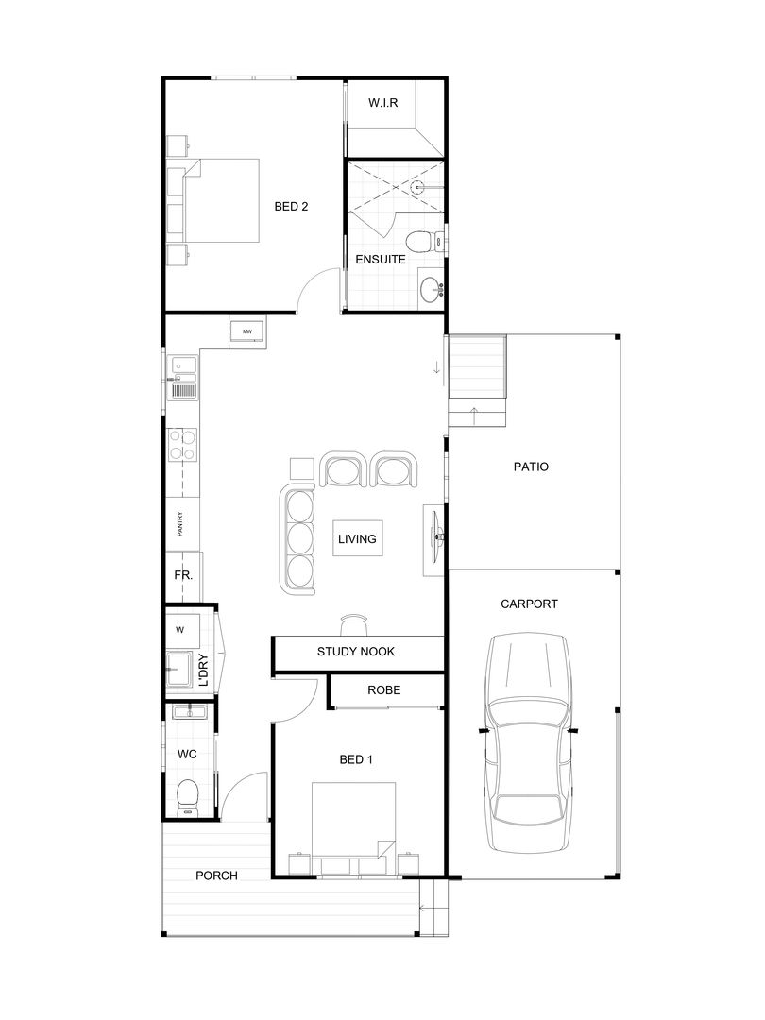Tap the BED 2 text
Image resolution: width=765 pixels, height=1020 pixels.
pos(291,206)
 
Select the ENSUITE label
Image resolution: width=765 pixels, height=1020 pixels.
pos(381,259)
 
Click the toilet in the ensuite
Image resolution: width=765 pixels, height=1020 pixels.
pos(425,240)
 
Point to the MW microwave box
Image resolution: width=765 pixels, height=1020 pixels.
pos(247,331)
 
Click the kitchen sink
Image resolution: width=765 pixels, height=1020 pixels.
pos(183,388)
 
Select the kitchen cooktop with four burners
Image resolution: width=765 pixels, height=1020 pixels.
pos(183,445)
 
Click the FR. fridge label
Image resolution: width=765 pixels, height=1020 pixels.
pos(182,575)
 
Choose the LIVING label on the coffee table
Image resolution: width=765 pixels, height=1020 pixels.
pos(358,539)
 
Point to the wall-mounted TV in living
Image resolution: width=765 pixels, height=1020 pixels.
pos(434,538)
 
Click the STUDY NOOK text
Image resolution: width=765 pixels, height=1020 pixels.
pos(356,652)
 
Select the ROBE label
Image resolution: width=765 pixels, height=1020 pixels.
pos(384,690)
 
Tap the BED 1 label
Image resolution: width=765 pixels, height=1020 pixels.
pos(355,758)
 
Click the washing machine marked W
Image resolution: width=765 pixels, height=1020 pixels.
pos(180,629)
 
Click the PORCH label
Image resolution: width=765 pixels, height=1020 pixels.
pos(216,875)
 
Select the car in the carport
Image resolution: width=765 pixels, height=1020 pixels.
pos(529,744)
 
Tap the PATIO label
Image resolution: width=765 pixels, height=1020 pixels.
pos(531,467)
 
